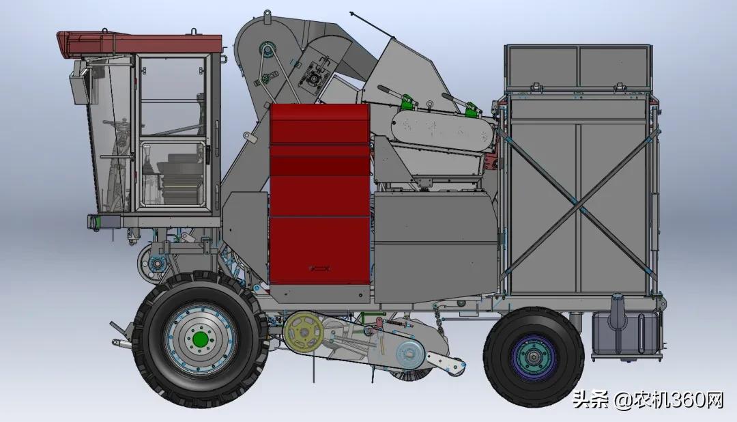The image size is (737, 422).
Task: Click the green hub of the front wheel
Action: (x=199, y=339)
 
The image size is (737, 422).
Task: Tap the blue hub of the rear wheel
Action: (x=534, y=357)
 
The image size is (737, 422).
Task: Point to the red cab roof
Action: (x=139, y=42)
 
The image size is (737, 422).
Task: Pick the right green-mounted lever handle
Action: (x=461, y=104)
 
